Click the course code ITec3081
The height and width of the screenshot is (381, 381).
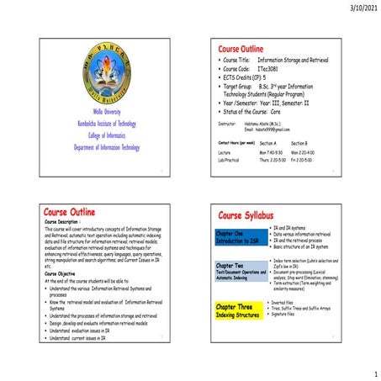[268, 69]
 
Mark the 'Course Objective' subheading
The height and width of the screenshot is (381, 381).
[66, 273]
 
